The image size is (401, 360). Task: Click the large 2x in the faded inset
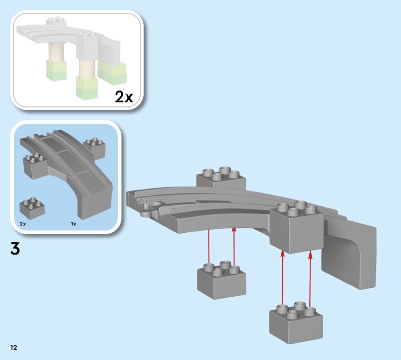124,97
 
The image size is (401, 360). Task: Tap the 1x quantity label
73,224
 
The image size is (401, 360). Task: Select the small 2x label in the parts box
23,224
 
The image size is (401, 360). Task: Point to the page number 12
13,347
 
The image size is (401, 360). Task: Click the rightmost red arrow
310,279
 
